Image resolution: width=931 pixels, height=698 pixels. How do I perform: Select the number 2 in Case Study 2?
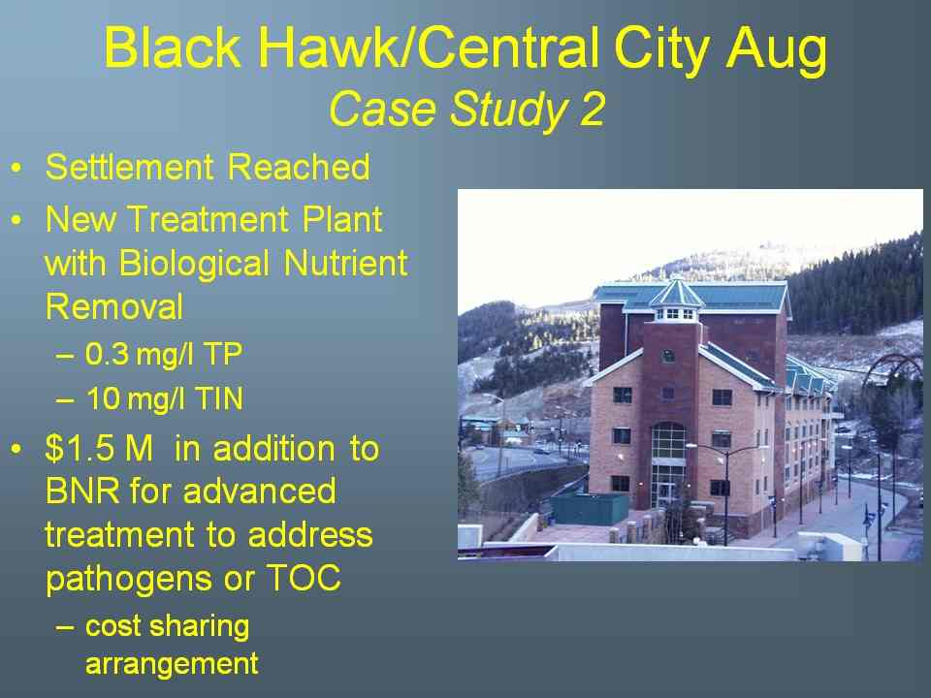(592, 110)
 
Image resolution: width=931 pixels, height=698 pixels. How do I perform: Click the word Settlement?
(129, 167)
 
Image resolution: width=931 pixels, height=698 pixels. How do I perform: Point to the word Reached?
(300, 167)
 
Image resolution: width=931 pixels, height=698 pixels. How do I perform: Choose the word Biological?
(194, 264)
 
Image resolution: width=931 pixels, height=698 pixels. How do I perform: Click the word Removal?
(114, 307)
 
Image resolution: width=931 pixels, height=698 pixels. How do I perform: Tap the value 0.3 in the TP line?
(107, 354)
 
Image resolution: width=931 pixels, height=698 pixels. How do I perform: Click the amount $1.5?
(79, 448)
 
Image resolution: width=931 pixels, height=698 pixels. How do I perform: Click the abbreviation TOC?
(304, 578)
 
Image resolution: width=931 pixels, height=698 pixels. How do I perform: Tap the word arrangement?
(172, 664)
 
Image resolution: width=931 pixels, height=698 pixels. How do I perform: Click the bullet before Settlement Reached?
(16, 168)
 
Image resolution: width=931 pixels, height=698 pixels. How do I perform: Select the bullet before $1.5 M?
(16, 449)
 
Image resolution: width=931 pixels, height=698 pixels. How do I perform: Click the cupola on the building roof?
(676, 300)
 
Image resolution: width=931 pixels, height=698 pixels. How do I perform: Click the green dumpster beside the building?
(590, 509)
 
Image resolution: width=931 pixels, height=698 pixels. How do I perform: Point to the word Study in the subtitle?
(507, 111)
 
